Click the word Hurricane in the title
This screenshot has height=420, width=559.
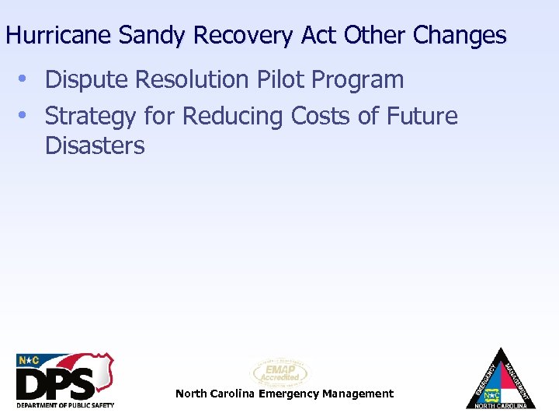click(x=58, y=36)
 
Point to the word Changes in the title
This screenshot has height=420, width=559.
click(x=460, y=36)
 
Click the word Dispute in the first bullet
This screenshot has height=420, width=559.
click(x=87, y=80)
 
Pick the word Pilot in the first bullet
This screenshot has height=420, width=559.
click(x=275, y=79)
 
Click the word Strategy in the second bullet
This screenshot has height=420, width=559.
click(x=91, y=117)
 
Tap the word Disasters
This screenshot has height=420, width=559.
click(x=95, y=145)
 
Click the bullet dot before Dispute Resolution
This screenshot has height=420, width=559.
click(x=24, y=79)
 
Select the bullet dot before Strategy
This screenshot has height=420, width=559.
click(x=24, y=116)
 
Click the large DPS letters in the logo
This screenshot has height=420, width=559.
click(x=56, y=383)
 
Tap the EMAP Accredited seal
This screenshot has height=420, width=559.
click(x=280, y=373)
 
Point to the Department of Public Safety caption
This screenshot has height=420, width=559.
click(x=65, y=405)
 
